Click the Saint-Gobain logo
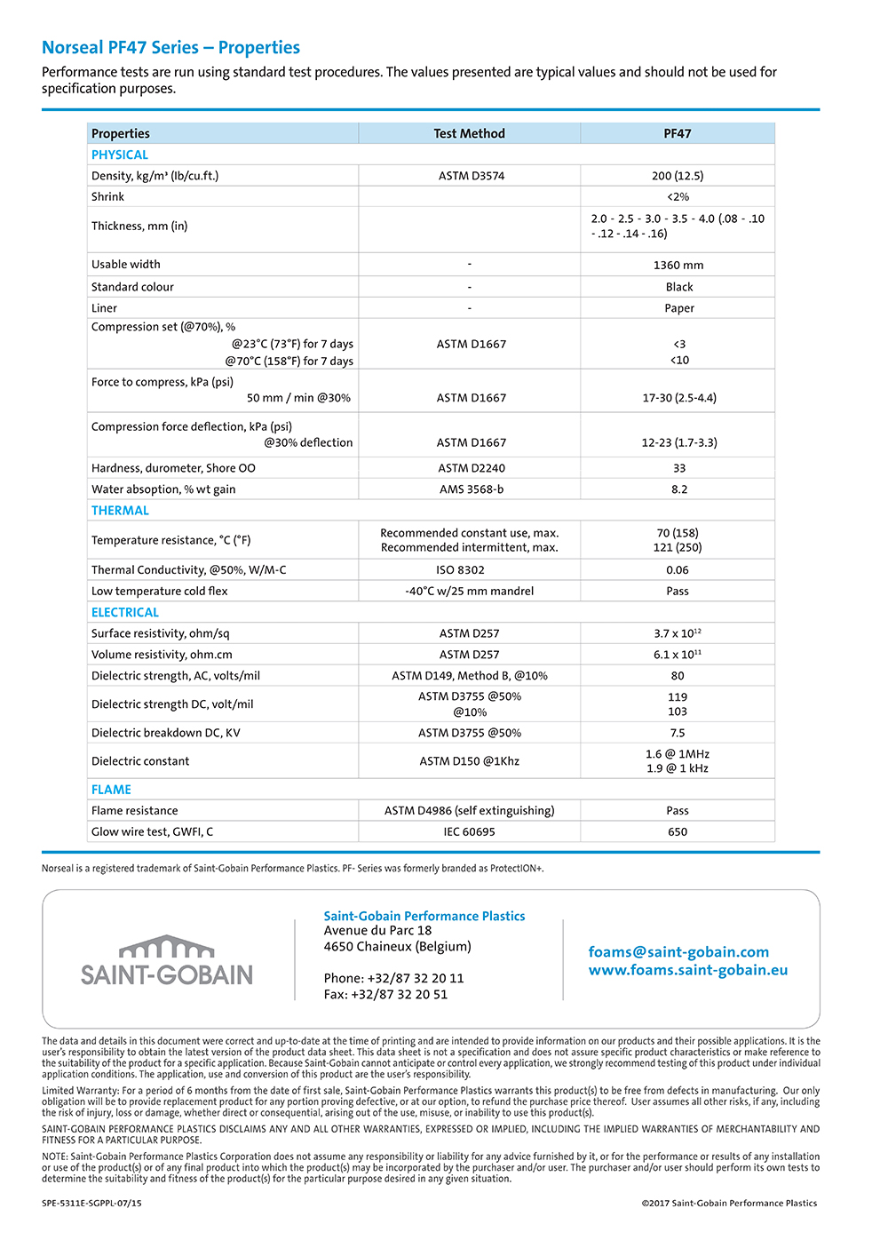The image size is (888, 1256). point(167,961)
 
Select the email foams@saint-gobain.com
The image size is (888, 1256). point(678,951)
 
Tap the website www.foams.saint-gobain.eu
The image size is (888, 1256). point(687,970)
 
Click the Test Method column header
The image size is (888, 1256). point(469,133)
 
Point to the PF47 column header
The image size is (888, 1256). point(678,133)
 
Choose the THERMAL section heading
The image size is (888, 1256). point(120,511)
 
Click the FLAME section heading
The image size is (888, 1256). point(111,790)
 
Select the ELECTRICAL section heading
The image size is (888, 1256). point(125,613)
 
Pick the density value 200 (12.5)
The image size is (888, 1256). point(678,176)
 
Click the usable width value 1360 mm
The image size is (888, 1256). point(678,265)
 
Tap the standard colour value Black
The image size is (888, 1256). point(679,287)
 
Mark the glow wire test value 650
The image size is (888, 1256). point(678,832)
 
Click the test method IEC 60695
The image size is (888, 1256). point(470,832)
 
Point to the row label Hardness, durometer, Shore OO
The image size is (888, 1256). point(173,468)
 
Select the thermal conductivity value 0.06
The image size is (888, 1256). point(678,570)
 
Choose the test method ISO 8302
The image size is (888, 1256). point(460,570)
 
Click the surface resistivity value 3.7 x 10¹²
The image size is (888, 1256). point(678,633)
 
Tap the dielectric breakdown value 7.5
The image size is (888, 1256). point(678,733)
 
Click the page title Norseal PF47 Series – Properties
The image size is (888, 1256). point(171,48)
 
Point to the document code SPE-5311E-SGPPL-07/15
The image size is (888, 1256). point(91,1204)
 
